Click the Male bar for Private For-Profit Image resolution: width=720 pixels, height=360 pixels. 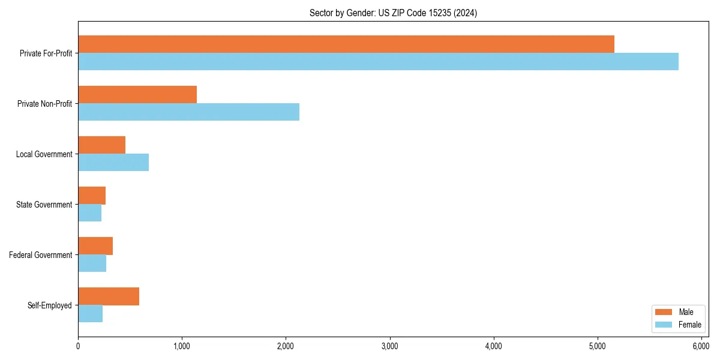[x=346, y=44]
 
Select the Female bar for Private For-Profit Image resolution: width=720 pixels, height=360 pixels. [x=378, y=62]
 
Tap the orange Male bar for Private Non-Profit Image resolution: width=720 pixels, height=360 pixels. [x=137, y=95]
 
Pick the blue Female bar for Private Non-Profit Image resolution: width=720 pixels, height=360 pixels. [x=188, y=112]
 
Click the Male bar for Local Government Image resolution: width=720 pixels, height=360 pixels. [x=101, y=145]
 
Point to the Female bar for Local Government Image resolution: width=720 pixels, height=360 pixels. [x=113, y=163]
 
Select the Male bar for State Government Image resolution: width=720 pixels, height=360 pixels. [x=92, y=196]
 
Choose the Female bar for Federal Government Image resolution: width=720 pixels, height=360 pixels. [x=92, y=263]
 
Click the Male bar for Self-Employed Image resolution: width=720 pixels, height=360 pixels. [x=109, y=296]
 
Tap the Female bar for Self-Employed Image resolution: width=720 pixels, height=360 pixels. [x=90, y=314]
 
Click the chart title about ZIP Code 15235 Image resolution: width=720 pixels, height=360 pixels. [x=393, y=13]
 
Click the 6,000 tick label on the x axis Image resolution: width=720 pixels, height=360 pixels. [x=701, y=346]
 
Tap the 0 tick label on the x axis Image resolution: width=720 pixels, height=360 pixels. [x=78, y=346]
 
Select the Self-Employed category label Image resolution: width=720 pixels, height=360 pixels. [x=50, y=305]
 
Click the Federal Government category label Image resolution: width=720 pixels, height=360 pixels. [x=41, y=255]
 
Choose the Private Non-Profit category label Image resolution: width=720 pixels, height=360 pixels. [x=44, y=104]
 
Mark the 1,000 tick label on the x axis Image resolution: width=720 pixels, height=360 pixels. [x=182, y=346]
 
